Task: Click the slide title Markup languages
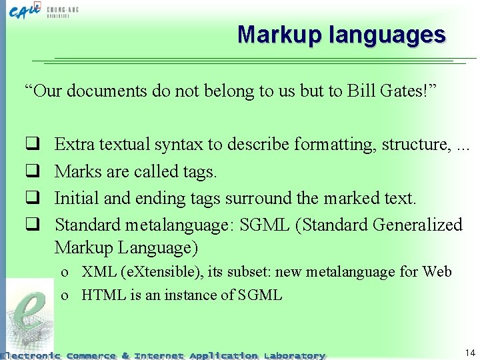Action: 341,34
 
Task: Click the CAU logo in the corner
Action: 27,11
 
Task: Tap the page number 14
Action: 469,351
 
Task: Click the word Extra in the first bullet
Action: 74,144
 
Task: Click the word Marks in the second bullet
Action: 77,171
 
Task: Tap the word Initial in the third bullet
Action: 77,198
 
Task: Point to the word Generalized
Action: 418,225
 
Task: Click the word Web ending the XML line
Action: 438,272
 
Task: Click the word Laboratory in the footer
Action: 294,355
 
